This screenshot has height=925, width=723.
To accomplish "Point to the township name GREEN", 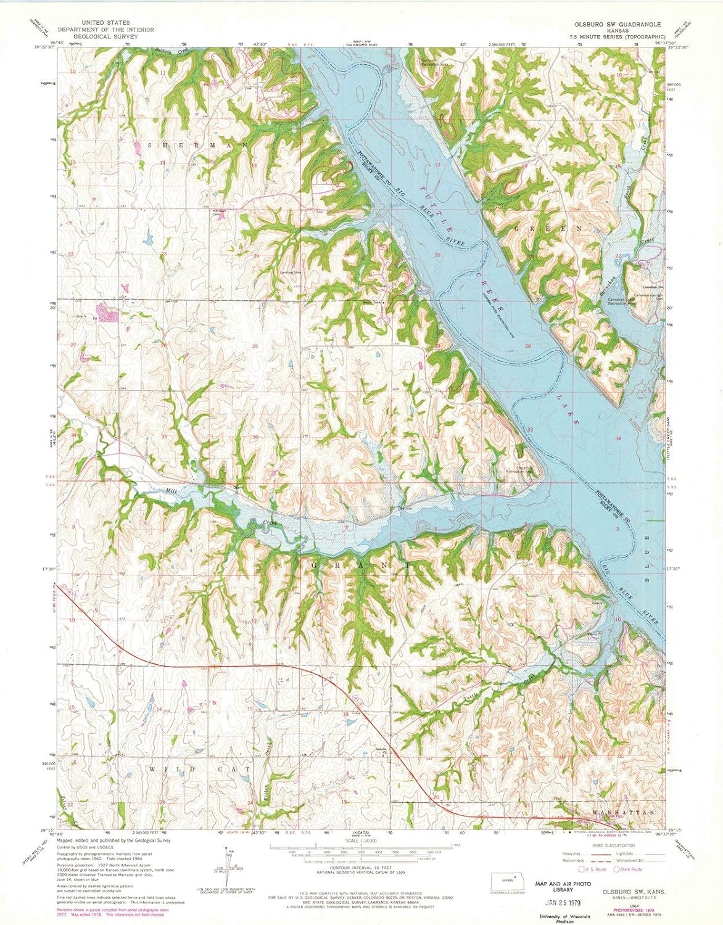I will coord(547,228).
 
